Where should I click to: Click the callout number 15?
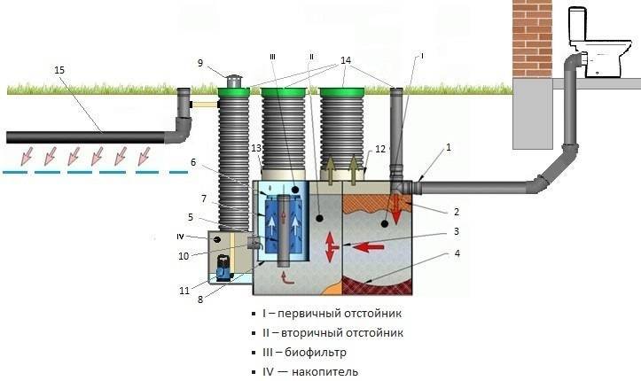(x=59, y=70)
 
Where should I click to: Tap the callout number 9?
(x=200, y=63)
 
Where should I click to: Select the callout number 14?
(x=346, y=60)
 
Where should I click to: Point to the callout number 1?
(x=449, y=147)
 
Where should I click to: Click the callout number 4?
(x=457, y=253)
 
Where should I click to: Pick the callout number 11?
(x=184, y=291)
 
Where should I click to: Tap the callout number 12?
(x=380, y=149)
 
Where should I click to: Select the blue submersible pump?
(x=223, y=268)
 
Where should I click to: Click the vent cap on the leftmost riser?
(x=234, y=81)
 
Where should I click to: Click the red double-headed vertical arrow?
(x=330, y=247)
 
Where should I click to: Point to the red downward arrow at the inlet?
(x=395, y=209)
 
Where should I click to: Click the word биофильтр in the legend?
(x=316, y=352)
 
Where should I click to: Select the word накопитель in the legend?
(x=325, y=372)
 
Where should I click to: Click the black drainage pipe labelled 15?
(x=86, y=137)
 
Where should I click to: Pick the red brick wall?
(x=532, y=39)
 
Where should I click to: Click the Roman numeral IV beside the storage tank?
(x=180, y=237)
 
